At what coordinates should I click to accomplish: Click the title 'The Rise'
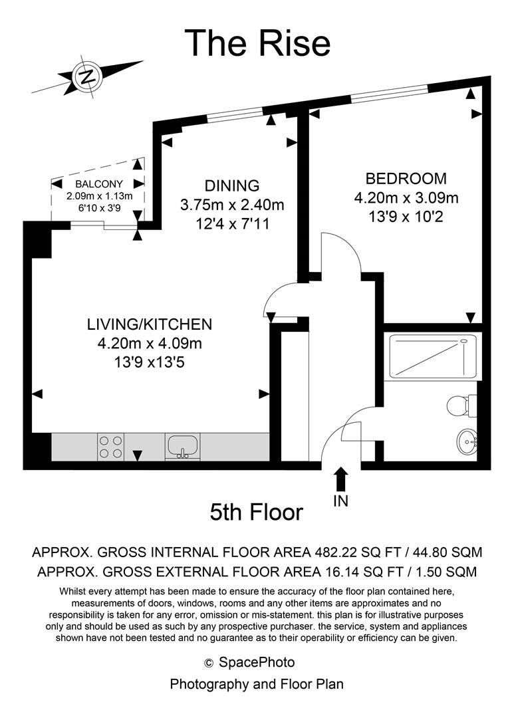[257, 43]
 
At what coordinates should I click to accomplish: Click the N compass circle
[87, 76]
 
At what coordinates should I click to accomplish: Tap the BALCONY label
[99, 184]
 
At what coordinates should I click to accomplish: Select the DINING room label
[231, 185]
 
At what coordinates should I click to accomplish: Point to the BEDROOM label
[406, 178]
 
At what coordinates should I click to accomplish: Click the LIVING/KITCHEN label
[149, 324]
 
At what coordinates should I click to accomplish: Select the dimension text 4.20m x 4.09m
[149, 344]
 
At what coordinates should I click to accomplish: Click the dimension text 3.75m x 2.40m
[231, 204]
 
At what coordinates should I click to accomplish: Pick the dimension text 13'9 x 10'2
[406, 216]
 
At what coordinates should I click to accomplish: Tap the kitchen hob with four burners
[110, 446]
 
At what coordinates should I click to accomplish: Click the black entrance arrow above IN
[340, 479]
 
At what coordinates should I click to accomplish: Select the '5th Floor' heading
[256, 512]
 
